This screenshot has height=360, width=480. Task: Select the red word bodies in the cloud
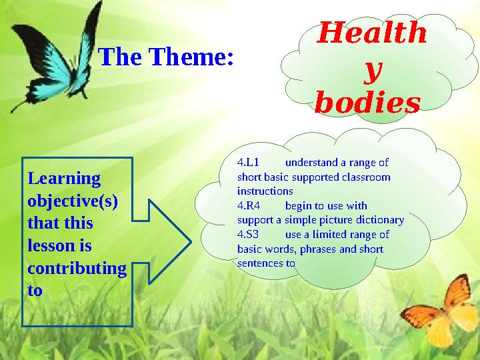click(x=367, y=104)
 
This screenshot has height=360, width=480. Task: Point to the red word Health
click(x=371, y=33)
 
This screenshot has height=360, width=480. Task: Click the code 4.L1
click(x=248, y=162)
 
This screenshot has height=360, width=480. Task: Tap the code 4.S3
click(x=248, y=235)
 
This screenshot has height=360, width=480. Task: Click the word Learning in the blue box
click(x=64, y=179)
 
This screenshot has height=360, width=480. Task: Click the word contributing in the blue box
click(x=76, y=269)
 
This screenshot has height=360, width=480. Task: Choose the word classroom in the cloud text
click(x=366, y=177)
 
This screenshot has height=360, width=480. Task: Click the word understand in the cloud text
click(x=311, y=162)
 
